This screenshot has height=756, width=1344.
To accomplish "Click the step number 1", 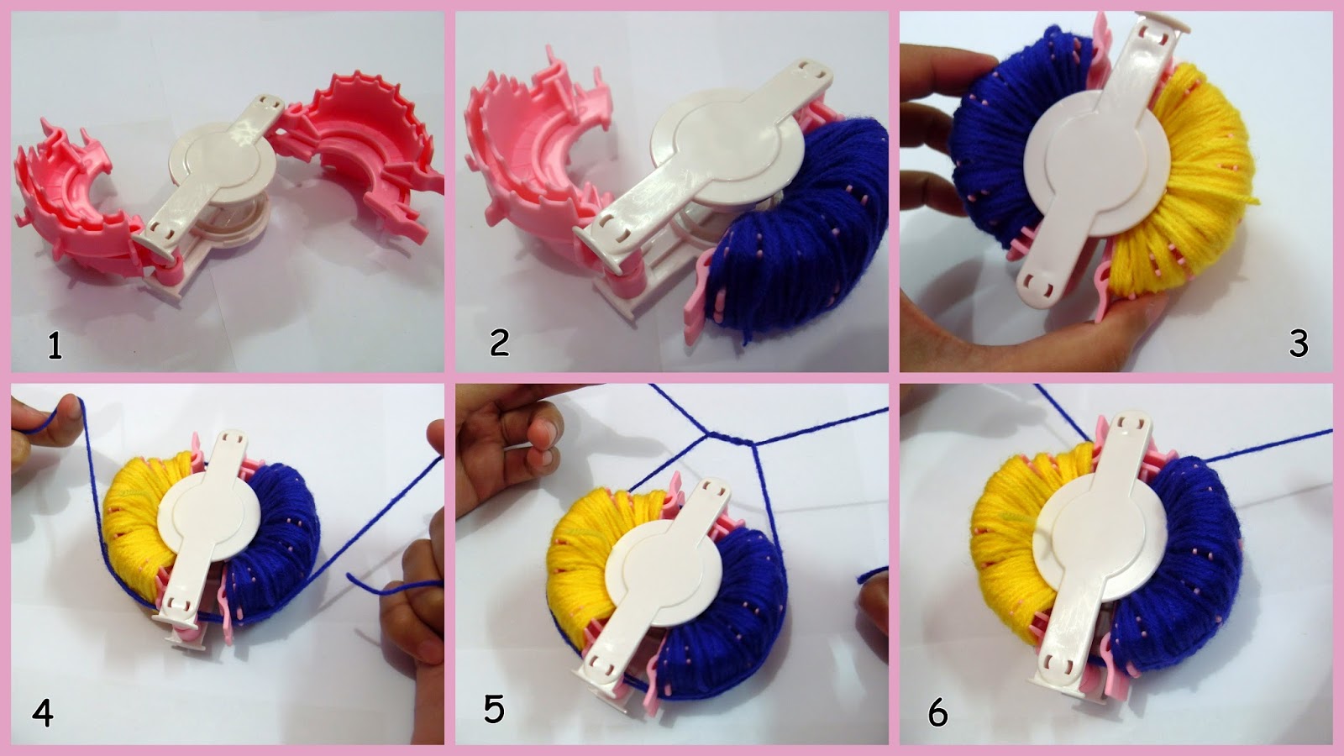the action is pyautogui.click(x=55, y=347).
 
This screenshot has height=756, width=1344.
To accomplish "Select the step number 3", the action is pyautogui.click(x=1298, y=344).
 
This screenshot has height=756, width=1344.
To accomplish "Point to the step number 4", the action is pyautogui.click(x=43, y=714).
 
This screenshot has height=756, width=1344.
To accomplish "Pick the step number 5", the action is pyautogui.click(x=494, y=709).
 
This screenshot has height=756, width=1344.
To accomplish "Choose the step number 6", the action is pyautogui.click(x=937, y=714).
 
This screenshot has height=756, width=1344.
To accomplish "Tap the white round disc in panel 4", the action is pyautogui.click(x=209, y=516).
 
